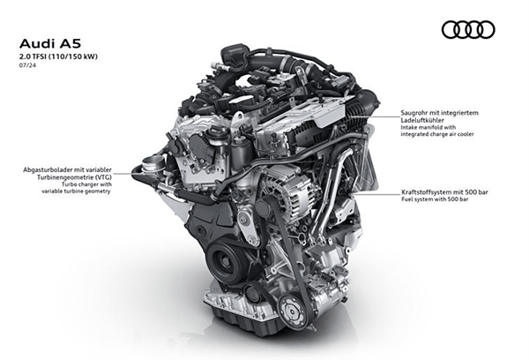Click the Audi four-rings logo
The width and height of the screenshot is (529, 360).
pyautogui.click(x=468, y=29)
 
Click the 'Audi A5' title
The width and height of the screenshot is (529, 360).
pyautogui.click(x=50, y=44)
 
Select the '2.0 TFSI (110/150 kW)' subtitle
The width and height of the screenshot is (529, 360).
pyautogui.click(x=58, y=56)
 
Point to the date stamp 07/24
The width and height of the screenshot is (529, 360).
pyautogui.click(x=27, y=65)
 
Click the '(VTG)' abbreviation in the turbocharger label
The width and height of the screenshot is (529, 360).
pyautogui.click(x=103, y=177)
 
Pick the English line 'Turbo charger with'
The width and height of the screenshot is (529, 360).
pyautogui.click(x=86, y=184)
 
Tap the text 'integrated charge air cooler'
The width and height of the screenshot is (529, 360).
pyautogui.click(x=437, y=134)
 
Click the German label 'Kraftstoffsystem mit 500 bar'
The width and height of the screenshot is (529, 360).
pyautogui.click(x=444, y=192)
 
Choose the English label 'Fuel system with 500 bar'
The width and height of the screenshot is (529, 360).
pyautogui.click(x=435, y=199)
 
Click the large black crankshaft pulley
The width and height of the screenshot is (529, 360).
pyautogui.click(x=224, y=261)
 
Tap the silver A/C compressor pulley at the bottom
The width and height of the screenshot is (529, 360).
pyautogui.click(x=294, y=311)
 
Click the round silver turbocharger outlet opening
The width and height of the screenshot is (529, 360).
pyautogui.click(x=151, y=163)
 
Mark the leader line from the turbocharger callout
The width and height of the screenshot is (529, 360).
pyautogui.click(x=124, y=174)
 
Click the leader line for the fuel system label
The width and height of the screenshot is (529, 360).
pyautogui.click(x=376, y=194)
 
